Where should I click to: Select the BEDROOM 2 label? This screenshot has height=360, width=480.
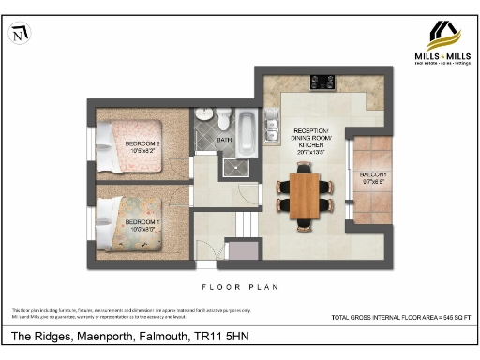[143, 145]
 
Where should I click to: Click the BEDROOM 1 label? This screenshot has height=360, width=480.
[142, 223]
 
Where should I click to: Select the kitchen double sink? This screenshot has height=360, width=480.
[272, 126]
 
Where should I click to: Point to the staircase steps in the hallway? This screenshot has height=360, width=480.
[245, 225]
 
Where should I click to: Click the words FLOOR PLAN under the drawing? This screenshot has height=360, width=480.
[239, 286]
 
